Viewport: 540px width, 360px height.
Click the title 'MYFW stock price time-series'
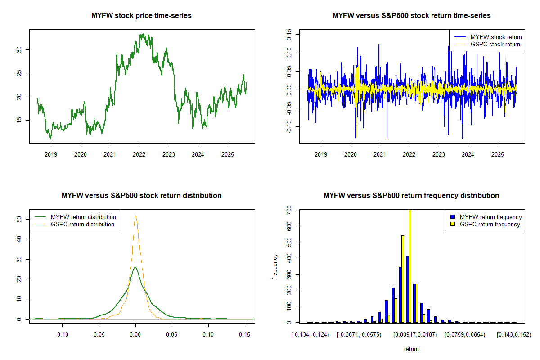(141, 16)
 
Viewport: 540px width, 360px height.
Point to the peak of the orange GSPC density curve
(135, 216)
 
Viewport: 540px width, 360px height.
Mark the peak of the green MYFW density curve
(135, 267)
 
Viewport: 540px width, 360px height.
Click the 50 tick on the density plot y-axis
(18, 219)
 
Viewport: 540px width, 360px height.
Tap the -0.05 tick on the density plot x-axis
(99, 335)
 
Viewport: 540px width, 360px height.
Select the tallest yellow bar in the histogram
(409, 265)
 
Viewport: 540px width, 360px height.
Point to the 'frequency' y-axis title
(275, 266)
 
